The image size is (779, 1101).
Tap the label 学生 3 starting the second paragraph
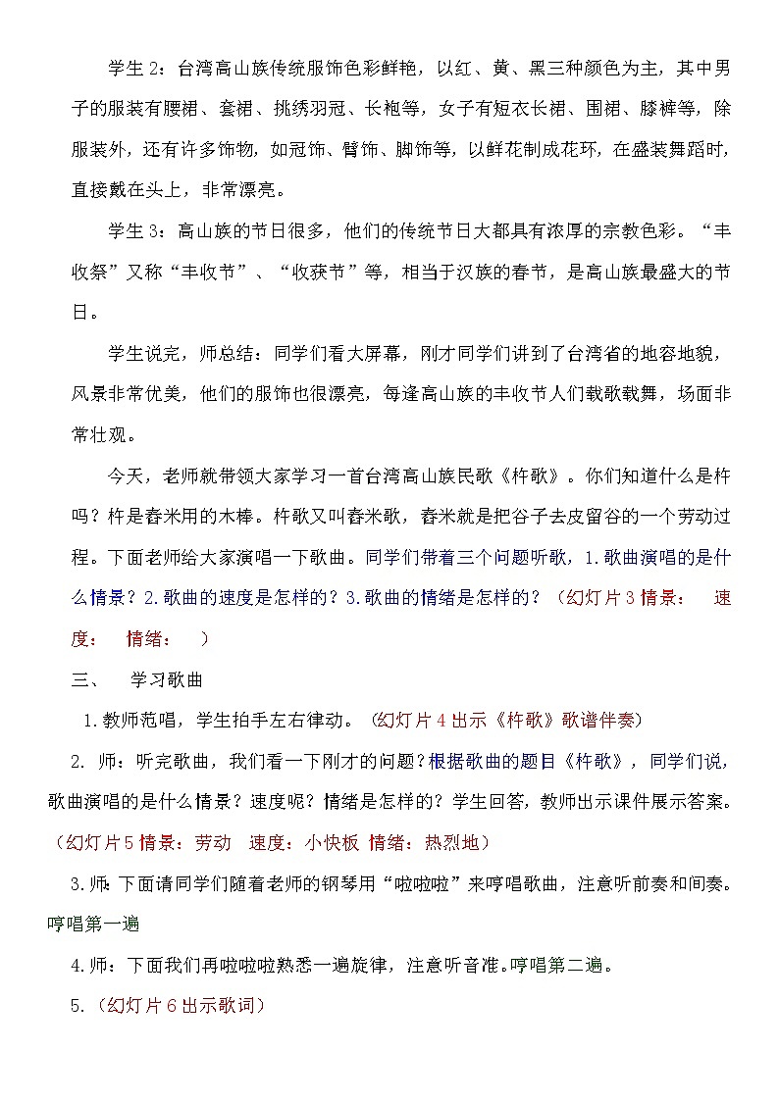(x=138, y=231)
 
